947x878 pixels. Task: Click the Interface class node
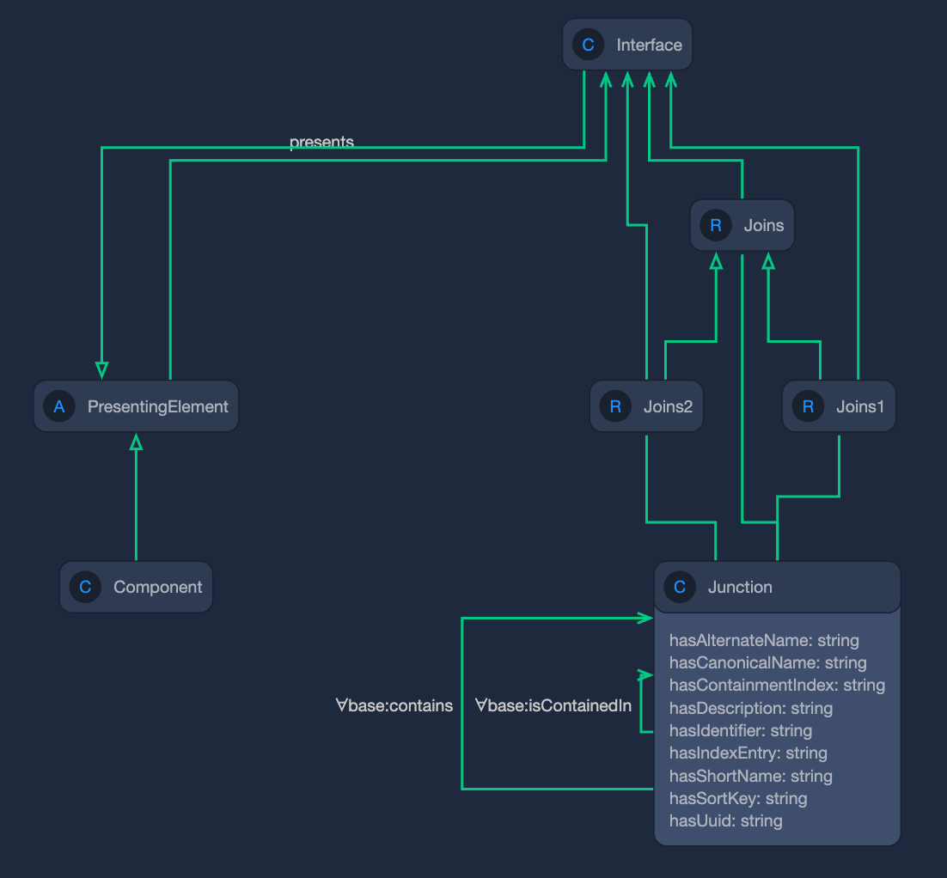click(627, 45)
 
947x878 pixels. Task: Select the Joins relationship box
click(742, 226)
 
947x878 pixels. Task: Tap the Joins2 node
click(646, 406)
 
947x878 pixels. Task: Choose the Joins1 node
click(839, 406)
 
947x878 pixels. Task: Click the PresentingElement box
click(136, 406)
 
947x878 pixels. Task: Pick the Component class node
click(136, 588)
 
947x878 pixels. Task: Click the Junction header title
click(740, 588)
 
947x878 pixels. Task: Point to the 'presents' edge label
click(321, 142)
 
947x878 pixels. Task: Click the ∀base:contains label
click(394, 706)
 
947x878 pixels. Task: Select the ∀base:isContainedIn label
click(553, 706)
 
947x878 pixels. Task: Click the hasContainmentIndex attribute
click(777, 685)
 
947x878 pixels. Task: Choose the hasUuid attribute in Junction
click(725, 820)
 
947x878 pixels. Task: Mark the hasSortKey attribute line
click(738, 798)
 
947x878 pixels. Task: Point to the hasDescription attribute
click(750, 708)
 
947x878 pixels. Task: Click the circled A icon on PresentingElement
click(59, 406)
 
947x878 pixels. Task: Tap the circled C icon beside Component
click(85, 588)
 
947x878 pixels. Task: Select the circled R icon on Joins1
click(808, 406)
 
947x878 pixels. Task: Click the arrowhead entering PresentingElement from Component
click(136, 442)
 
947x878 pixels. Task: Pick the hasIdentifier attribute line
click(740, 730)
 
